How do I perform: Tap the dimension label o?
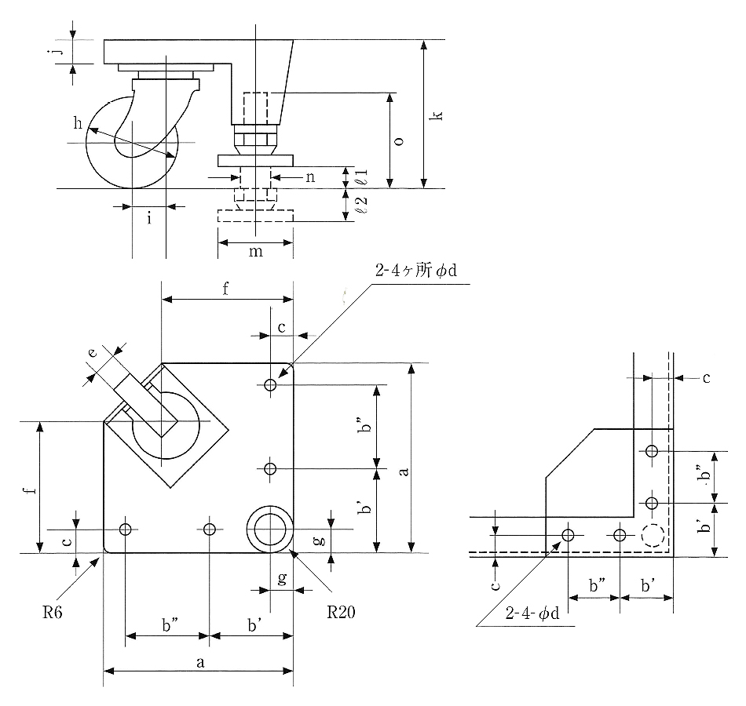coord(398,141)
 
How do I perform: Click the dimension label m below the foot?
coord(255,250)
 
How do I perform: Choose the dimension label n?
coord(310,177)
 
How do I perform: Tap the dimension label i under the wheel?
coord(148,219)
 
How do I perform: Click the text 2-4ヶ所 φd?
coord(416,271)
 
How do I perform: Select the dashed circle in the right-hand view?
coord(651,536)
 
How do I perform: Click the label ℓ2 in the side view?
coord(362,206)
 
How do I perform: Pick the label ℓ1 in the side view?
coord(362,177)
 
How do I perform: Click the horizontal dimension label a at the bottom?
coord(199,663)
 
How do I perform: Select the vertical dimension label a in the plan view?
coord(404,471)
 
